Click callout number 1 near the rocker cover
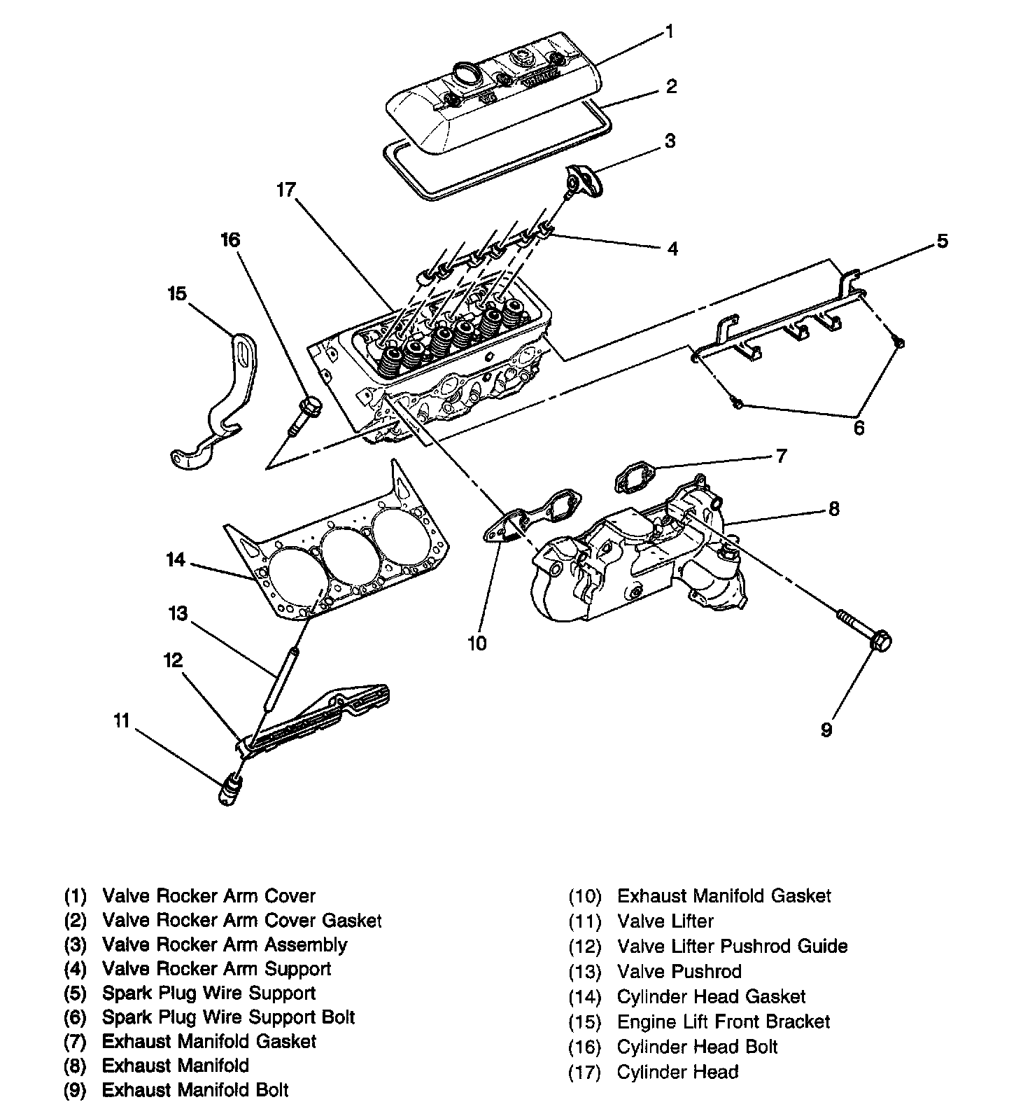pyautogui.click(x=669, y=32)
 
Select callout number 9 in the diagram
pyautogui.click(x=826, y=730)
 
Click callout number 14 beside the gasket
pyautogui.click(x=176, y=560)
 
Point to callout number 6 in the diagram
pyautogui.click(x=859, y=426)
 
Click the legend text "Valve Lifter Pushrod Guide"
pyautogui.click(x=732, y=947)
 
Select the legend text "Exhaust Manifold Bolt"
pyautogui.click(x=195, y=1089)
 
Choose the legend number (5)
pyautogui.click(x=76, y=993)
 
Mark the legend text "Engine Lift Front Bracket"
pyautogui.click(x=723, y=1021)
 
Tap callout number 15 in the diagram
pyautogui.click(x=177, y=293)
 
